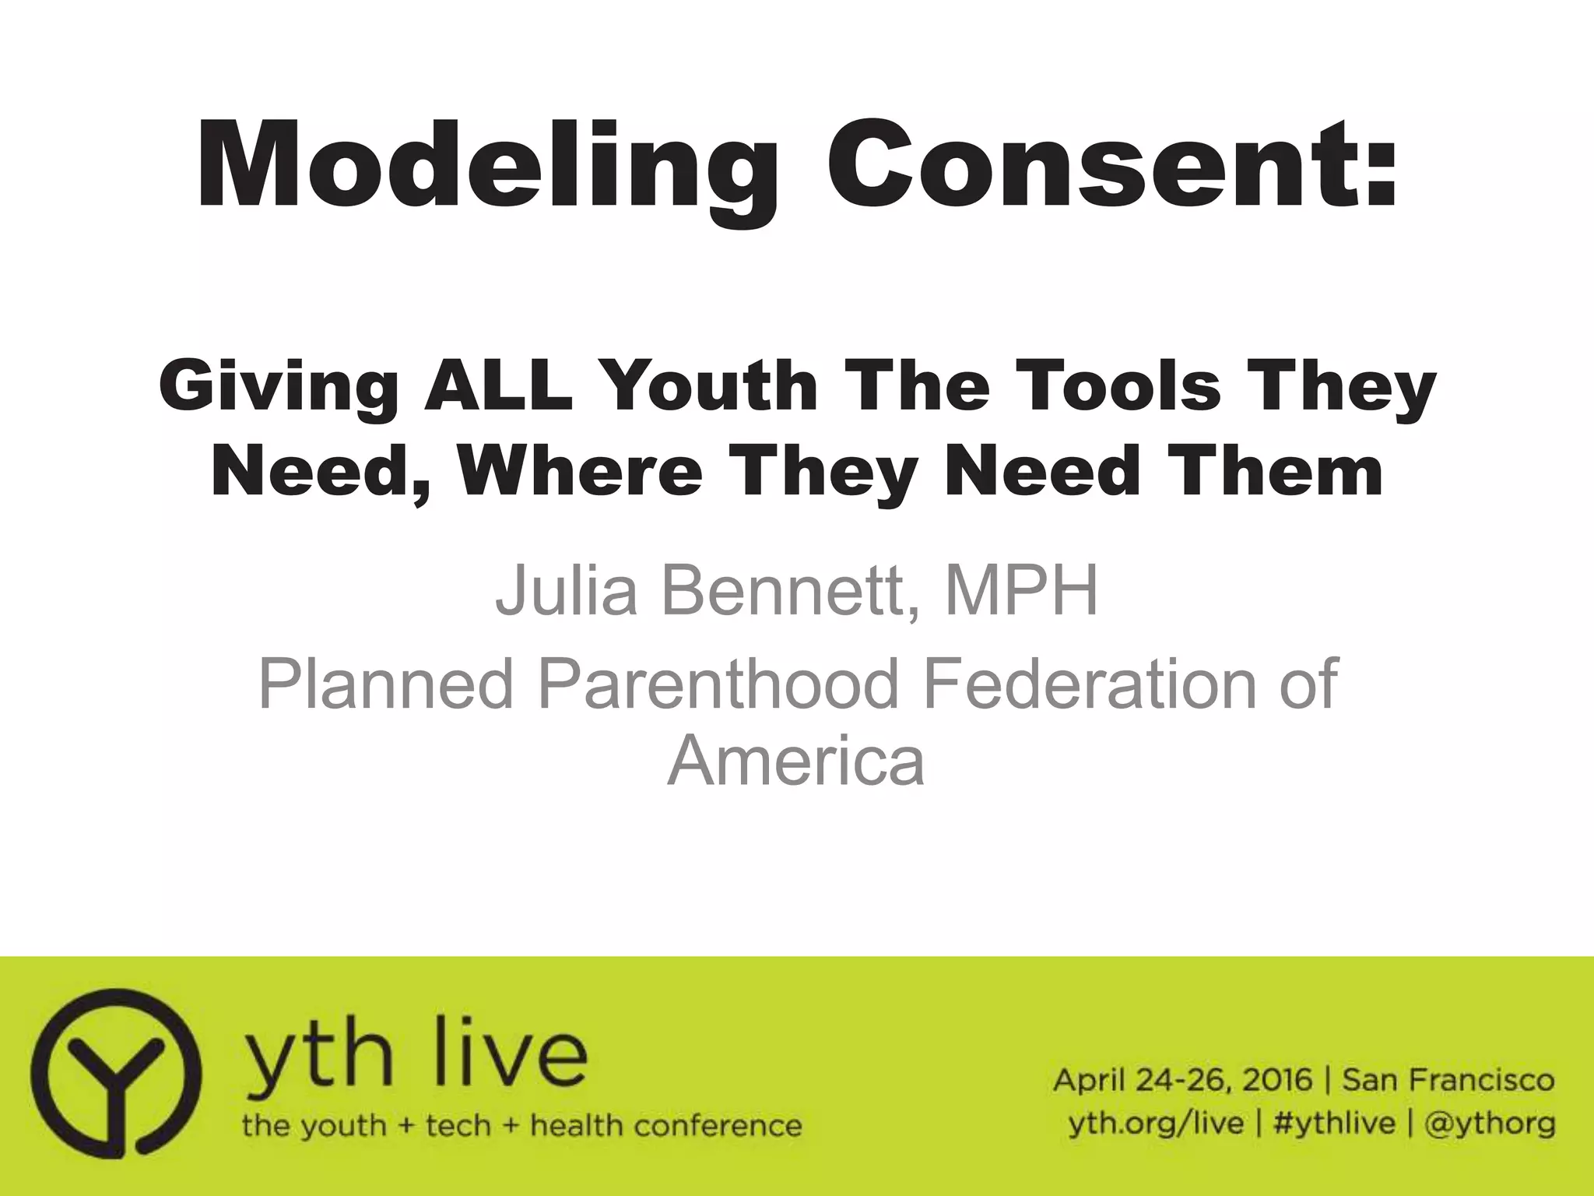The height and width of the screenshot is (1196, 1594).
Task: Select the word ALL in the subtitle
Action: [498, 386]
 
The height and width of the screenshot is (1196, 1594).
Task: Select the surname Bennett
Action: [786, 589]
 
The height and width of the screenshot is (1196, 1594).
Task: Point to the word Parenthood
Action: [717, 684]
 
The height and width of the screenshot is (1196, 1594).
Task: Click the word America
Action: [795, 761]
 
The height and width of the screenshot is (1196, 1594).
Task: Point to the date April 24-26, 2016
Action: [1183, 1081]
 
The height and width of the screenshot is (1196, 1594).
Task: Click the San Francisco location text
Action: [1448, 1081]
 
